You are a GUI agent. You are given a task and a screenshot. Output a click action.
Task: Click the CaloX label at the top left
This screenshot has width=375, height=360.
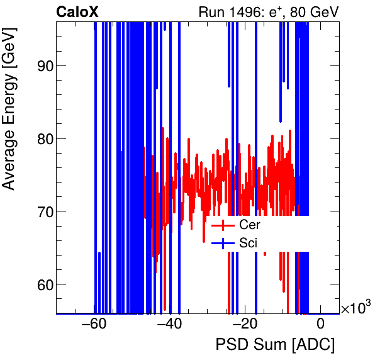[x=77, y=12]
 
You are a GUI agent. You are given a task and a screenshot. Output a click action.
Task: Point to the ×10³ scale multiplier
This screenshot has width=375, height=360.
[x=355, y=308]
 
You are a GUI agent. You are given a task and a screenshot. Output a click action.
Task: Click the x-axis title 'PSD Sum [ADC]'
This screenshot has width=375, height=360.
[x=275, y=345]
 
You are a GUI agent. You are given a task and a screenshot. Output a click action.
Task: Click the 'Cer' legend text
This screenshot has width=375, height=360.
[x=250, y=225]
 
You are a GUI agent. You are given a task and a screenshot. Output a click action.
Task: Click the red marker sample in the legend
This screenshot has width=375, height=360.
[x=223, y=225]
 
